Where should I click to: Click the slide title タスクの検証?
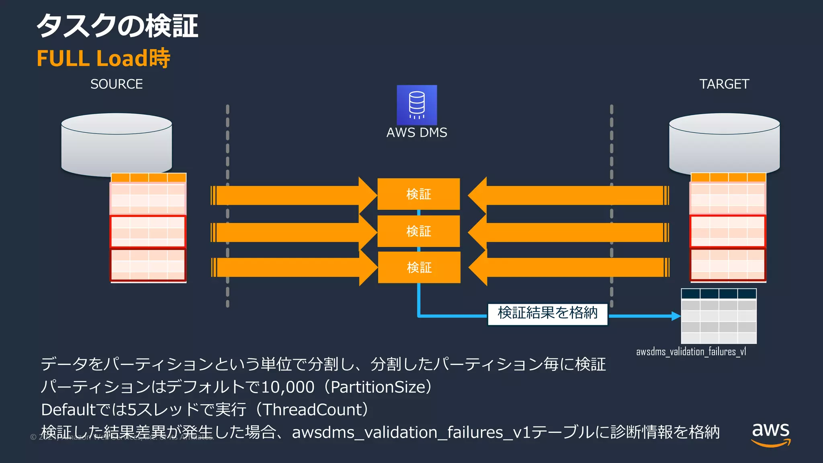coord(117,26)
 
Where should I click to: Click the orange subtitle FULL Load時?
coord(103,58)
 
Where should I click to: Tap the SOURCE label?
coord(117,84)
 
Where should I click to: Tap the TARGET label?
coord(724,84)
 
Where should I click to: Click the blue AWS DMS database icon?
coord(417,105)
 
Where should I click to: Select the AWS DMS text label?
coord(417,133)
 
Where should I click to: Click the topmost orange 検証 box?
coord(418,194)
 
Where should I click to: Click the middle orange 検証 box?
coord(418,231)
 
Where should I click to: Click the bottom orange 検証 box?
coord(419,267)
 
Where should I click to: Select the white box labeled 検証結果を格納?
coord(547,313)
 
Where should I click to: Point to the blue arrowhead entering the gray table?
coord(676,316)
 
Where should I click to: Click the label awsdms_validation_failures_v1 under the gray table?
coord(691,352)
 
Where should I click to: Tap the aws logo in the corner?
coord(771,434)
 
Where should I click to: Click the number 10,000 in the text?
coord(288,387)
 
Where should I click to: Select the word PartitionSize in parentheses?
coord(378,387)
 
